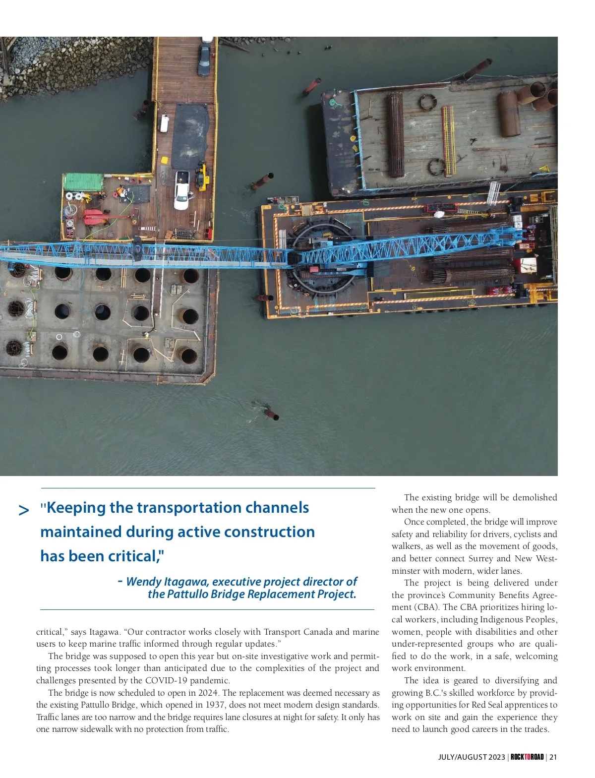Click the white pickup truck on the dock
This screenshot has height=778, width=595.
tap(181, 190)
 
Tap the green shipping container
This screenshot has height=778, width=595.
tap(83, 182)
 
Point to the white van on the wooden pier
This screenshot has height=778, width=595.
tap(163, 123)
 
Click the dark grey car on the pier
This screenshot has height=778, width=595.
tap(204, 60)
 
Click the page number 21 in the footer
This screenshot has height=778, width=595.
tap(553, 757)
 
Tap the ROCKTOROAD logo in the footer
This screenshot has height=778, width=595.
tap(527, 757)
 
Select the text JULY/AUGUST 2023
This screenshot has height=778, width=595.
tap(471, 757)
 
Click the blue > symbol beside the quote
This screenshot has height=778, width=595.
tap(23, 510)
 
